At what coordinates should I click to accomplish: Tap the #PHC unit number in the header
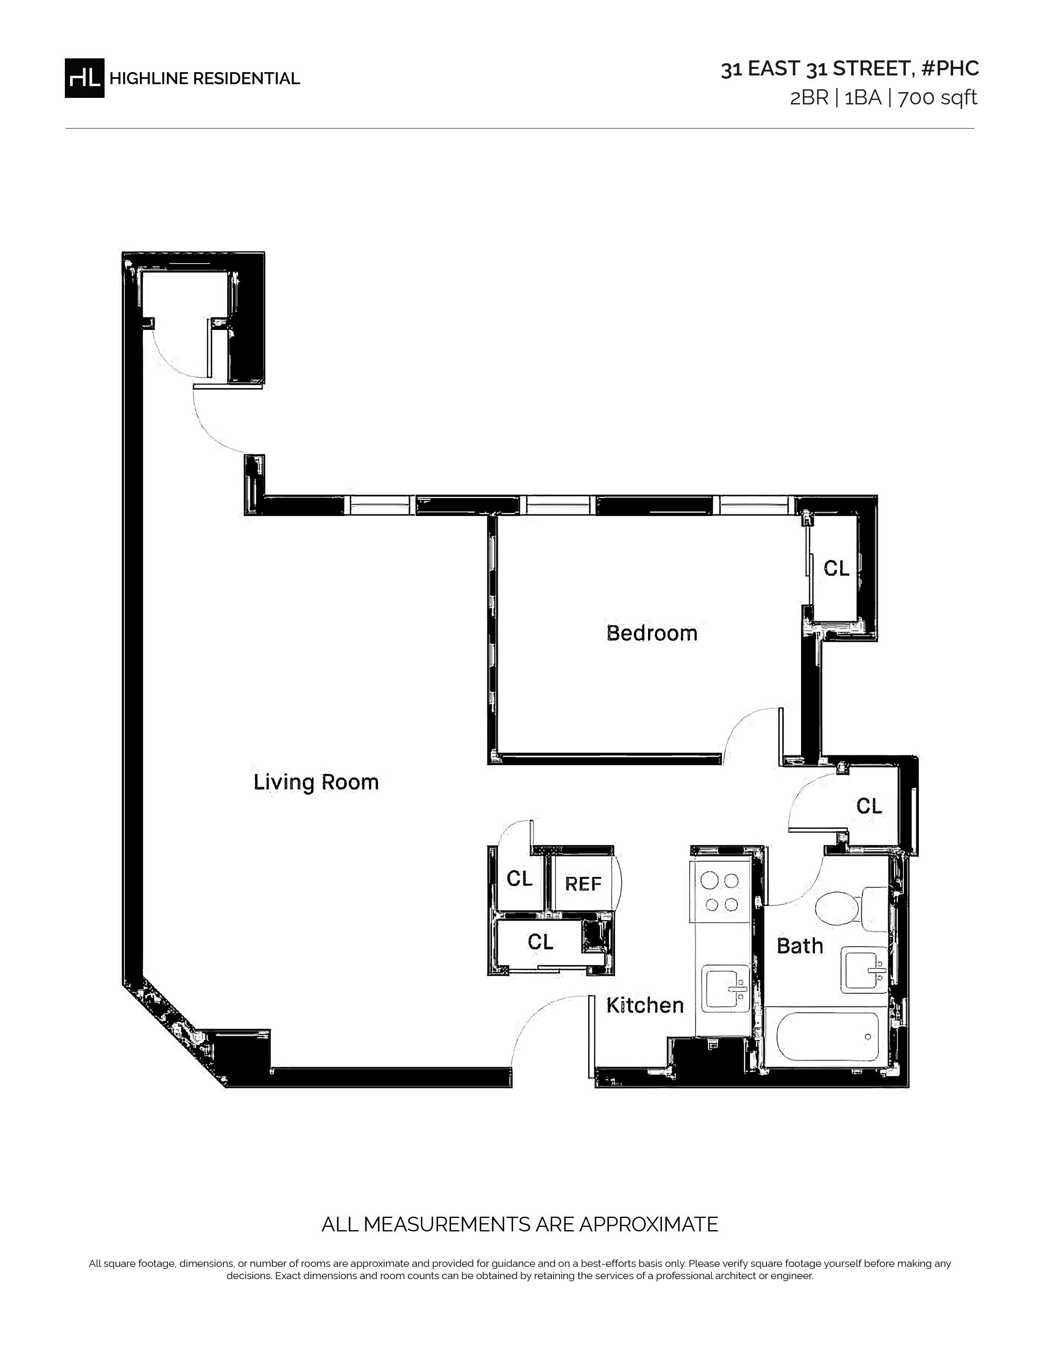tap(950, 69)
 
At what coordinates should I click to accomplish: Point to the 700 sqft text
tap(938, 98)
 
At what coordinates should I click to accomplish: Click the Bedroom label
tap(652, 633)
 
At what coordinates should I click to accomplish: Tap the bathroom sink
tap(864, 972)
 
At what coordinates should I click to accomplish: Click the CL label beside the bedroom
tap(836, 568)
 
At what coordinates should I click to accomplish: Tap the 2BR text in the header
tap(809, 98)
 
